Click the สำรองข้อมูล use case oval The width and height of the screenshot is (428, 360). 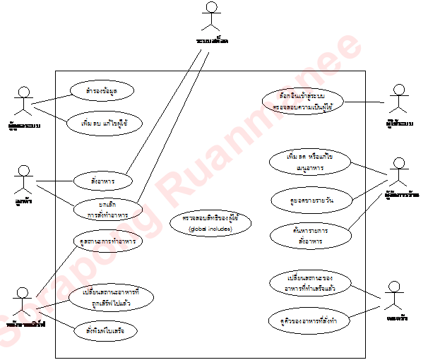click(x=102, y=90)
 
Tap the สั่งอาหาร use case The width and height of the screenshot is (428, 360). click(x=102, y=177)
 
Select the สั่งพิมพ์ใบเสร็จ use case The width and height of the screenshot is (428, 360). click(x=106, y=330)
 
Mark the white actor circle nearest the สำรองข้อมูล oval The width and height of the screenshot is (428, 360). click(x=24, y=92)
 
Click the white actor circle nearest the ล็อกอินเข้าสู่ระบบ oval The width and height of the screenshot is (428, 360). click(x=399, y=90)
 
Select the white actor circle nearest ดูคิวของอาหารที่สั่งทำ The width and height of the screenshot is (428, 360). click(x=394, y=286)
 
